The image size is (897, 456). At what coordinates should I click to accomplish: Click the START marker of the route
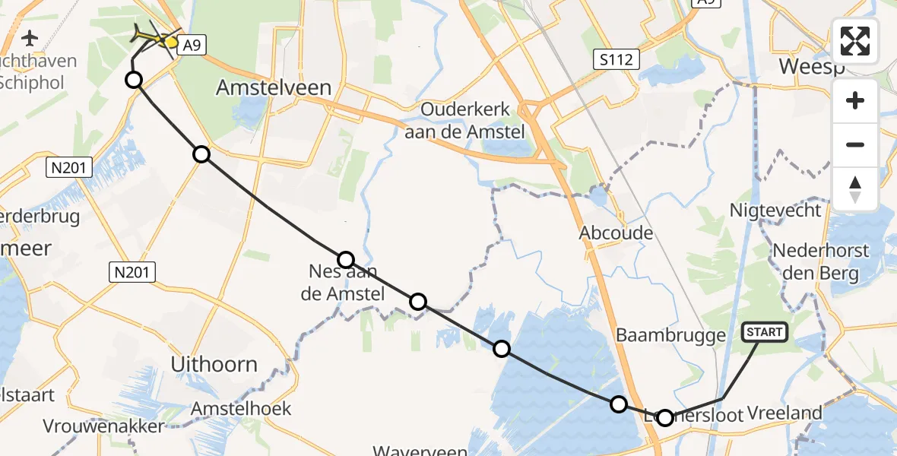pyautogui.click(x=764, y=332)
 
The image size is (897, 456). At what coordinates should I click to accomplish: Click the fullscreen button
pyautogui.click(x=855, y=41)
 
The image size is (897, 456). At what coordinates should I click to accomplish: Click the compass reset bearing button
pyautogui.click(x=855, y=189)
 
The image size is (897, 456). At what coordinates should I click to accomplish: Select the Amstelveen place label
pyautogui.click(x=274, y=87)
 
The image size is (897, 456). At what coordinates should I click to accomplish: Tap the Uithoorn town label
pyautogui.click(x=214, y=364)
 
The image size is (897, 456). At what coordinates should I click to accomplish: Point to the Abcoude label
pyautogui.click(x=616, y=233)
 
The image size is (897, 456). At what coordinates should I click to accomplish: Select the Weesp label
pyautogui.click(x=812, y=66)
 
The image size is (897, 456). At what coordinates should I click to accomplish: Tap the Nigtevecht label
pyautogui.click(x=775, y=210)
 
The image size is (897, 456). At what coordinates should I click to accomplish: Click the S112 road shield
pyautogui.click(x=616, y=59)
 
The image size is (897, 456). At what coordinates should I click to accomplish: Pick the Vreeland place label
pyautogui.click(x=784, y=413)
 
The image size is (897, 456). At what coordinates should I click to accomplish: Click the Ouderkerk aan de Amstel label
pyautogui.click(x=474, y=120)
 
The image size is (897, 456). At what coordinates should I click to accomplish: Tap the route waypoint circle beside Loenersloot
pyautogui.click(x=665, y=417)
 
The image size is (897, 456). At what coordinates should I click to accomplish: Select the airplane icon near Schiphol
pyautogui.click(x=30, y=37)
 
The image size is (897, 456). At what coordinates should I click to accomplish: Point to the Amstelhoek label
pyautogui.click(x=240, y=409)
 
